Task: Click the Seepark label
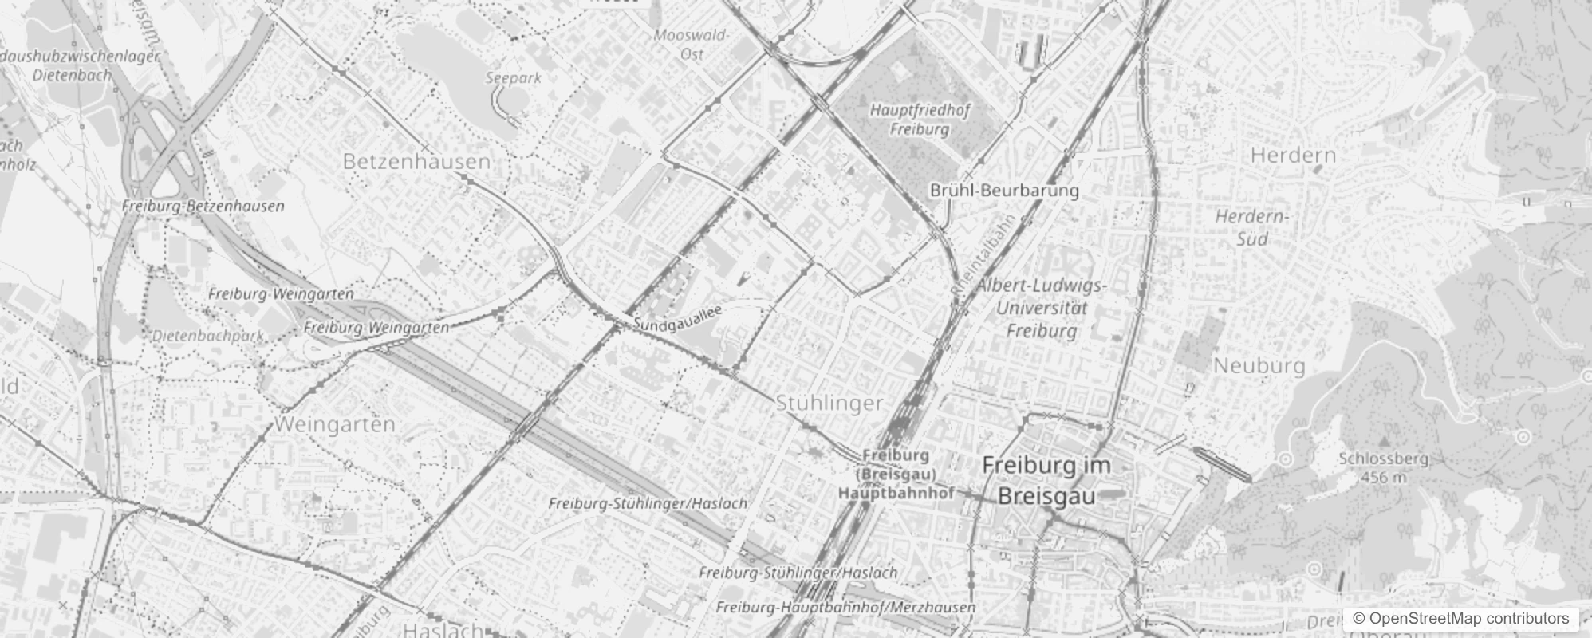tap(514, 78)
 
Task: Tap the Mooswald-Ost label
tap(691, 45)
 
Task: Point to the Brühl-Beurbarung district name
tap(1004, 191)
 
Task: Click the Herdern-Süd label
tap(1251, 227)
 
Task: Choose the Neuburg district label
tap(1259, 366)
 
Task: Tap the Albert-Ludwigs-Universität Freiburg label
tap(1041, 308)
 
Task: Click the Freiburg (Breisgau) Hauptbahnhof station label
tap(896, 474)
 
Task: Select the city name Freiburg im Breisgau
tap(1046, 480)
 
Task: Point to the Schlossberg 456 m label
tap(1383, 468)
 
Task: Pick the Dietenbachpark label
tap(208, 336)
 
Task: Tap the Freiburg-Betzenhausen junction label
tap(203, 206)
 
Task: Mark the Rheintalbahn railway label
tap(986, 254)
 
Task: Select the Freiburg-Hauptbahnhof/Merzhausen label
tap(845, 607)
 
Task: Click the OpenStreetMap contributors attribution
tap(1460, 618)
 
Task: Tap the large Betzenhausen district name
tap(416, 162)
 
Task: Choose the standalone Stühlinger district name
tap(829, 404)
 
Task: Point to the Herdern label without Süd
tap(1293, 155)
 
